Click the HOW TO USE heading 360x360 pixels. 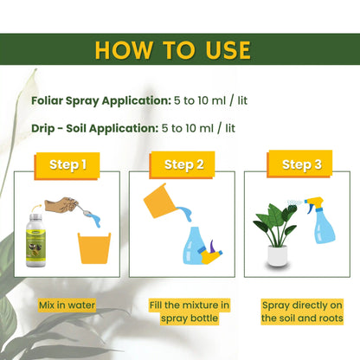click(x=172, y=50)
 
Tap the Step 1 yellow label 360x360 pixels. click(x=67, y=164)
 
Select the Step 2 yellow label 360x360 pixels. click(x=183, y=164)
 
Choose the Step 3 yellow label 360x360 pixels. click(x=301, y=164)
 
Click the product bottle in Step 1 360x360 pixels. click(x=35, y=241)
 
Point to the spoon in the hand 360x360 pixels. click(x=81, y=209)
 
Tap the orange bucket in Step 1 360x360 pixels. click(x=94, y=247)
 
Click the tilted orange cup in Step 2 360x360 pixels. click(x=160, y=201)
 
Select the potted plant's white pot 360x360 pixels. click(x=277, y=255)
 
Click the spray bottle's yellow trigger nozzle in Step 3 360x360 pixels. click(x=314, y=204)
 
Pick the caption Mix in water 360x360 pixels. click(x=67, y=305)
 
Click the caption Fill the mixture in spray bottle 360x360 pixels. click(x=190, y=312)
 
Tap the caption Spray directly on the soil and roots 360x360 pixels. click(x=302, y=312)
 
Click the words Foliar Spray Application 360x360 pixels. click(x=101, y=100)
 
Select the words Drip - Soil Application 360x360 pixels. click(x=95, y=128)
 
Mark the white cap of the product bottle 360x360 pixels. click(x=35, y=217)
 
